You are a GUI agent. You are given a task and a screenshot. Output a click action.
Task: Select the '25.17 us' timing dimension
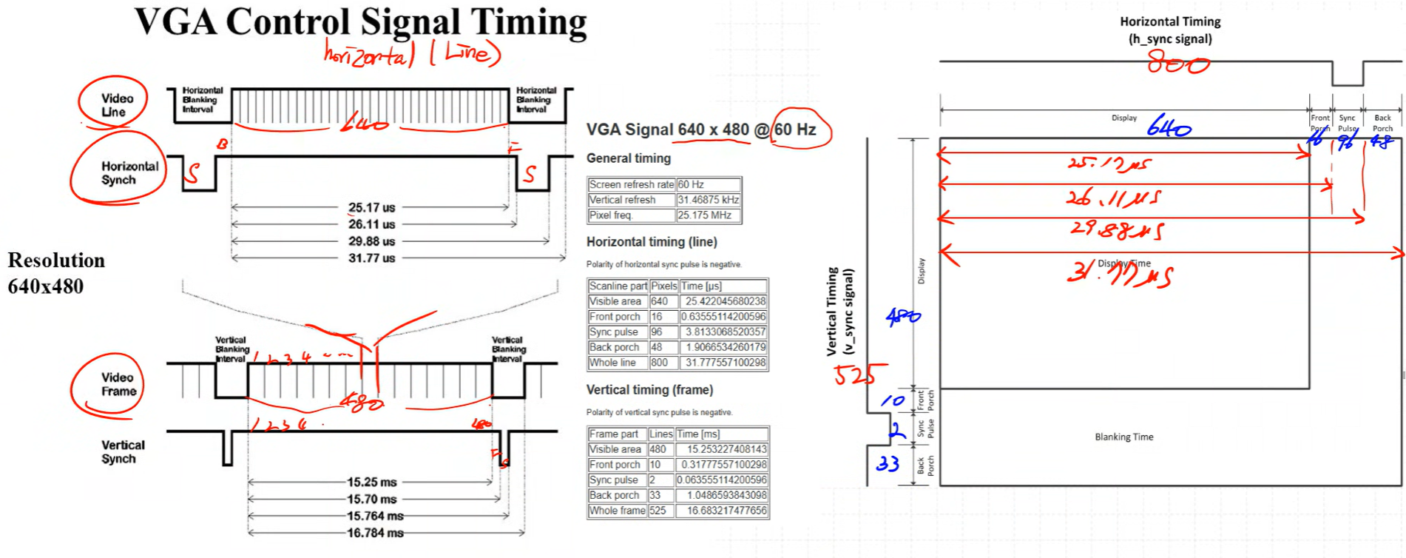(x=371, y=207)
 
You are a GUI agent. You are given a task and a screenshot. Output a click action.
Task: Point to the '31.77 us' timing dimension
(x=371, y=258)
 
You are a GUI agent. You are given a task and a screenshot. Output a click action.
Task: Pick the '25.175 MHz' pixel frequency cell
(x=708, y=215)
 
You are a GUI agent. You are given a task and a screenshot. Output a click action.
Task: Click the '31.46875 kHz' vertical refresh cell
(x=708, y=200)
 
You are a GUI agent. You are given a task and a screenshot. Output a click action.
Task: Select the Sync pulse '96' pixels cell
(x=657, y=332)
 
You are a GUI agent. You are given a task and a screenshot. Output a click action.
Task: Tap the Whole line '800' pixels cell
(x=659, y=363)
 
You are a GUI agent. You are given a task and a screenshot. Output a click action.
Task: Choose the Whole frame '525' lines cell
(x=658, y=511)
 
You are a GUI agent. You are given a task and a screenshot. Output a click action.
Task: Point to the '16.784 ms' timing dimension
(x=375, y=533)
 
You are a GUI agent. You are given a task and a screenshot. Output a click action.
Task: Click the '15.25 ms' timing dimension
(x=371, y=482)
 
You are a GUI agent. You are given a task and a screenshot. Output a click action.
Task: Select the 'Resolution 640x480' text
(x=55, y=273)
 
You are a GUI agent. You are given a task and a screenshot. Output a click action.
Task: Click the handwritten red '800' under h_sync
(x=1177, y=65)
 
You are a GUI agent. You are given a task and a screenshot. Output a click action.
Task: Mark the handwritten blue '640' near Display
(x=1169, y=129)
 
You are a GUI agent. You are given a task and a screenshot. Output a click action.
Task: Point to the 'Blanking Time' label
(x=1123, y=437)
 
